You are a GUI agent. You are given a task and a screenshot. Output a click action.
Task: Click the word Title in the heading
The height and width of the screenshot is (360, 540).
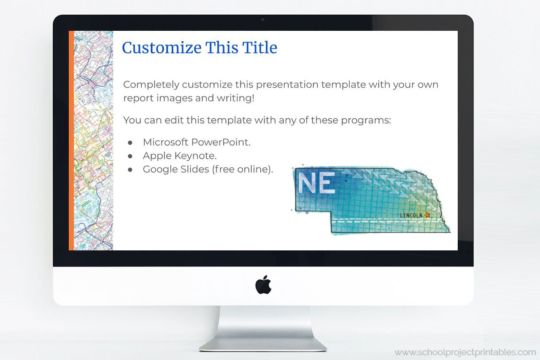point(259,48)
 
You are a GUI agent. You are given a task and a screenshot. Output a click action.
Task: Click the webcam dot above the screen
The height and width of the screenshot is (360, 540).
point(263,19)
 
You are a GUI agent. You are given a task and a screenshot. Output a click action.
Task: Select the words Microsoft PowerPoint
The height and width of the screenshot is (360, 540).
point(197,142)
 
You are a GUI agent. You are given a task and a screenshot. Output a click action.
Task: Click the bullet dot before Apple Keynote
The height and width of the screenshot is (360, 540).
point(130,156)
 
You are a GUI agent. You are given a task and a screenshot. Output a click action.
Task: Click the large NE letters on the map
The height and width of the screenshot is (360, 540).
point(316,183)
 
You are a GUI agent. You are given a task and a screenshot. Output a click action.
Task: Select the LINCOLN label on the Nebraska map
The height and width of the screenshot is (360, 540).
point(411,215)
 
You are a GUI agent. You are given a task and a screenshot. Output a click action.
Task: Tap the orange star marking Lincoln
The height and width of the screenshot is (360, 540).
point(427,215)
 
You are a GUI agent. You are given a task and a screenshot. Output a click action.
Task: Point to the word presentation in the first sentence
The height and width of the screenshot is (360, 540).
point(287,84)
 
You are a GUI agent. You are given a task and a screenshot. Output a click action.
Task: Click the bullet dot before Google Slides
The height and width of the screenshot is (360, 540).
point(130,169)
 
